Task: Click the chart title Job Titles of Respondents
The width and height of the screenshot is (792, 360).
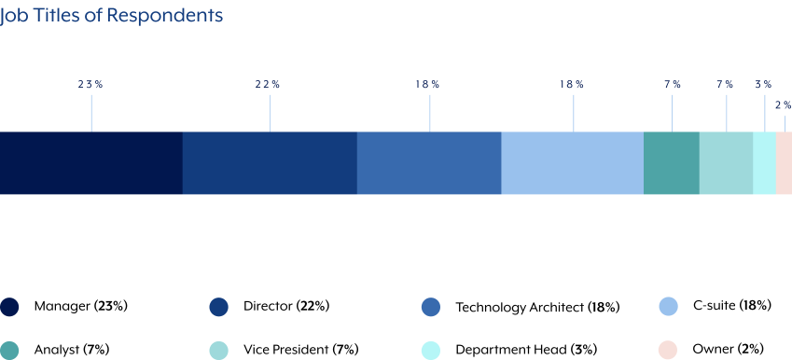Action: (x=111, y=16)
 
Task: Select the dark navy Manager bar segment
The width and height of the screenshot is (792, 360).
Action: (x=90, y=163)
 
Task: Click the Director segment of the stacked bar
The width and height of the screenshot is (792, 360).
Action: (x=270, y=163)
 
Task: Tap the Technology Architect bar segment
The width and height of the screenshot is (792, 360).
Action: (x=429, y=163)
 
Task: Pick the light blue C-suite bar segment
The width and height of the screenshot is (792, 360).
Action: (x=573, y=163)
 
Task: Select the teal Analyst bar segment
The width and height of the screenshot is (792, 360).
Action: (x=672, y=163)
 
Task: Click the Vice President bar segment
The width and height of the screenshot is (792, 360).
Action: (x=726, y=163)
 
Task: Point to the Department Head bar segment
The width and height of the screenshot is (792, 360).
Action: (x=764, y=163)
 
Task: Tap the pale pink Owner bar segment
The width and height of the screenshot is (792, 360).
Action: (x=784, y=163)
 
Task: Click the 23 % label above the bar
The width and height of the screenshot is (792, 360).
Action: (x=90, y=85)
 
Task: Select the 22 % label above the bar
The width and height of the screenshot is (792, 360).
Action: (x=268, y=85)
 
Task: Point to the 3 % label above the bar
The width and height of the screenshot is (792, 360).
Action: (x=763, y=85)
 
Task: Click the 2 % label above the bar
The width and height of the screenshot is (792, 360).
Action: (x=783, y=105)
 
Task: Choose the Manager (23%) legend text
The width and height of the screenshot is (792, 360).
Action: (x=80, y=306)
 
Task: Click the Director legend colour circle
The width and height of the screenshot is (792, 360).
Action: (x=219, y=307)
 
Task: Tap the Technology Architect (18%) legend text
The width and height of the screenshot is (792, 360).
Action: (x=537, y=307)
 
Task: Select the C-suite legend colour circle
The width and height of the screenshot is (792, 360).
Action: (x=668, y=307)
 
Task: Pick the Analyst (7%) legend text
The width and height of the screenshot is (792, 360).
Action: (x=72, y=350)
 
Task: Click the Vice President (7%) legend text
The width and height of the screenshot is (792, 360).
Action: (x=300, y=350)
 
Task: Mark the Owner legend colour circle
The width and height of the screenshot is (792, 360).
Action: (x=668, y=350)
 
